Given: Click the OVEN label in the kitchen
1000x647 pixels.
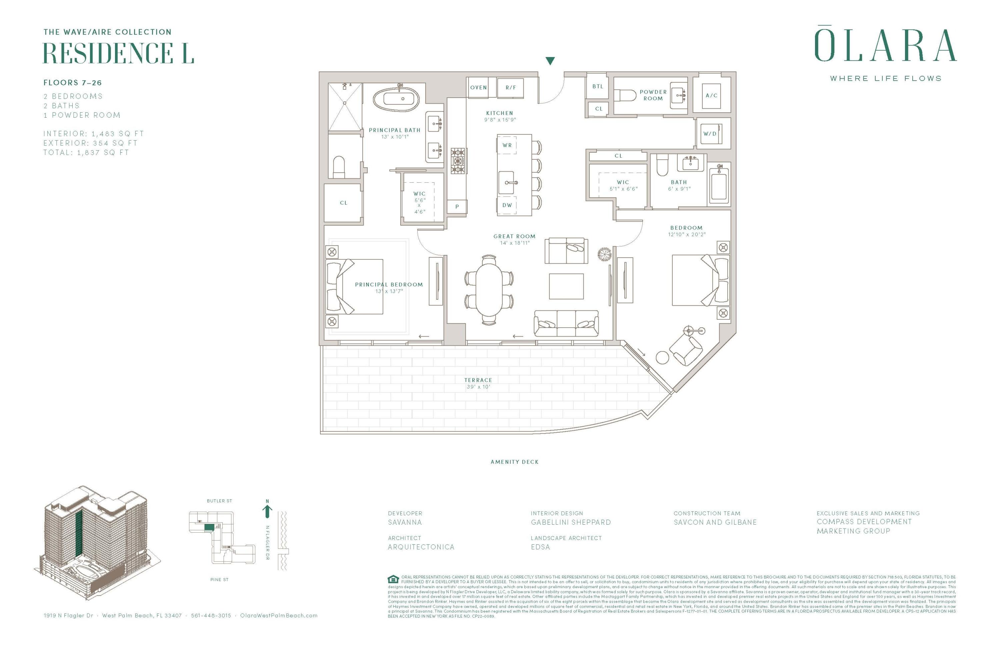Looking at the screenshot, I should click(478, 87).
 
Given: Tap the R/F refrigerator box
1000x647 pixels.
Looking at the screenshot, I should click(511, 87).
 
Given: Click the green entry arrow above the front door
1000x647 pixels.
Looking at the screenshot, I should click(550, 61).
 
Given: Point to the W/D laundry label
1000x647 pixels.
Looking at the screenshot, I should click(710, 134).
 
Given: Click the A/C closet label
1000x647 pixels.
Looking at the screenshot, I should click(711, 95).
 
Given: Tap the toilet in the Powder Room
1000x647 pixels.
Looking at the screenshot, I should click(625, 95).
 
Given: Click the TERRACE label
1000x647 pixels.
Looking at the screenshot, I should click(478, 380).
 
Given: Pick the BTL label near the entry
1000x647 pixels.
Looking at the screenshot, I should click(597, 86).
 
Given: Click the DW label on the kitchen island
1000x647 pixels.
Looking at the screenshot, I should click(507, 205).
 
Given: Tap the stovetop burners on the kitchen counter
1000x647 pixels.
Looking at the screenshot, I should click(458, 160).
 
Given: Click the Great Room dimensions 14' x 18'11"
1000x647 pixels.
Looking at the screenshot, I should click(514, 243).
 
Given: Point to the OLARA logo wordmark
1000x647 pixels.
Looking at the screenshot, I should click(885, 46).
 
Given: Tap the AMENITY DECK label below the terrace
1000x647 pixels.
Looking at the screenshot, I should click(514, 462).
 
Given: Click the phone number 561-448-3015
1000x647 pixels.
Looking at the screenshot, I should click(211, 615).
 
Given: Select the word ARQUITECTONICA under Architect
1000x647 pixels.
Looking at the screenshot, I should click(421, 547).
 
